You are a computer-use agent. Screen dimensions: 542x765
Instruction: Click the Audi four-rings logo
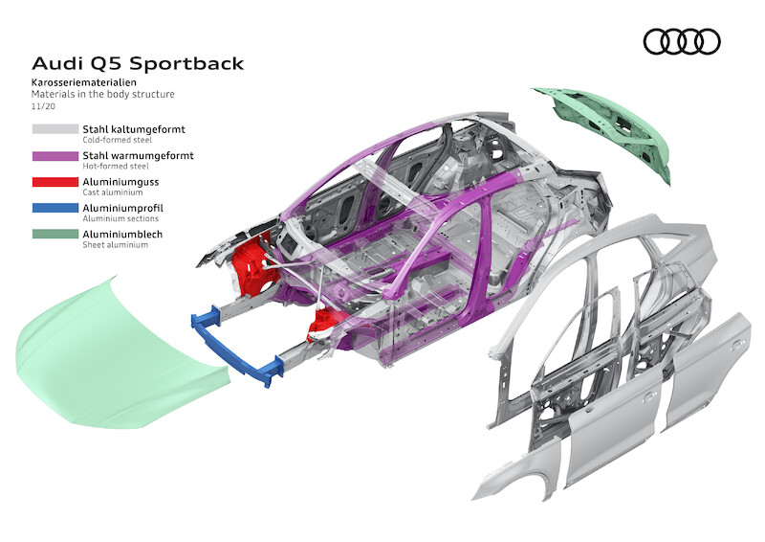tap(681, 41)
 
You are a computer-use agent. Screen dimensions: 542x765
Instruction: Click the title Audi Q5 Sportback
tap(138, 64)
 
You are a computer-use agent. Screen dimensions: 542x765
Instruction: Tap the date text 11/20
tap(42, 107)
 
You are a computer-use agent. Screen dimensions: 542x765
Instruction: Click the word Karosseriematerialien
tap(80, 84)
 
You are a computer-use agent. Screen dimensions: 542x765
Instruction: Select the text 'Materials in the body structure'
tap(103, 95)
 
